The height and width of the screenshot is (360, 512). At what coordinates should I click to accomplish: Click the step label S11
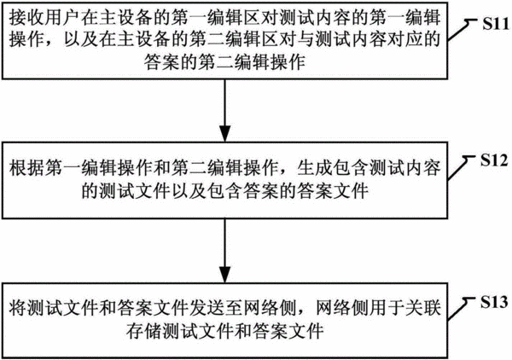click(x=496, y=24)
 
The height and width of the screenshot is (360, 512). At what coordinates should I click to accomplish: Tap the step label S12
click(x=494, y=160)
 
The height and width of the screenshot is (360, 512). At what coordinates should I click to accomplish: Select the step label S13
click(x=494, y=303)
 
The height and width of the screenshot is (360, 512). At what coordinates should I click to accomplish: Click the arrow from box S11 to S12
click(x=225, y=110)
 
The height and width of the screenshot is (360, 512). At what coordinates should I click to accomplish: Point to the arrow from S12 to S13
click(x=225, y=251)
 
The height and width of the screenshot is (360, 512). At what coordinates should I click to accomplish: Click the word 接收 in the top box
click(x=26, y=18)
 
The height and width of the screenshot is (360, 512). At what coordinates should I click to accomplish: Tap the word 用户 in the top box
click(x=62, y=18)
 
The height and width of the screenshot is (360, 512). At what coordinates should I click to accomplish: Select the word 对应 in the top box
click(x=404, y=40)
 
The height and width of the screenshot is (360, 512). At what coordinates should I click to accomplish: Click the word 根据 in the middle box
click(x=26, y=168)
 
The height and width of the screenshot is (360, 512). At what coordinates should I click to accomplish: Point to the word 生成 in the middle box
click(x=314, y=168)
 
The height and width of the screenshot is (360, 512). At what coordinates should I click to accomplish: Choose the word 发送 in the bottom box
click(x=207, y=308)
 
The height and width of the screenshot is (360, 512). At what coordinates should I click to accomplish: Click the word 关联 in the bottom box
click(x=423, y=308)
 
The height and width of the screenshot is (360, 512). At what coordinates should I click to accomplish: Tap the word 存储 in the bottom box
click(x=143, y=331)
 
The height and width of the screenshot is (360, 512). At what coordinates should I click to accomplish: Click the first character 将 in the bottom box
click(x=18, y=308)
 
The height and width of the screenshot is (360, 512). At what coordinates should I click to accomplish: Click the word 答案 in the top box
click(x=161, y=62)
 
